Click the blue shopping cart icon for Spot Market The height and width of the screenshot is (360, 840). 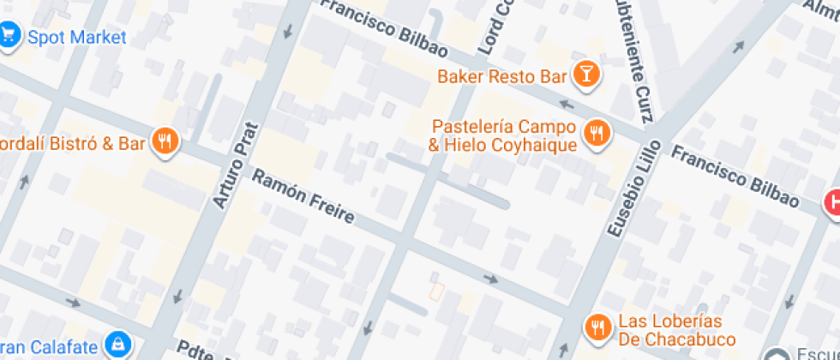coord(9,37)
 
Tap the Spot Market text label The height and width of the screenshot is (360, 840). coord(77,38)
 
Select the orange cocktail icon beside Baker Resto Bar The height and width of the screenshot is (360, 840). coord(586,75)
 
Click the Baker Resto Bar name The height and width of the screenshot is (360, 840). coord(502,76)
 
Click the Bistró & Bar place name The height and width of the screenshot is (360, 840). coord(72,143)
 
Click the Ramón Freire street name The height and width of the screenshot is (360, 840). coord(303,196)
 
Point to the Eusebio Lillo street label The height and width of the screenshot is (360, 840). coord(633,189)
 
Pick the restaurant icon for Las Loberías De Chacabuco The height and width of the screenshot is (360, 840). coord(597,326)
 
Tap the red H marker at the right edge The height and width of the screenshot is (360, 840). coord(831,202)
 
